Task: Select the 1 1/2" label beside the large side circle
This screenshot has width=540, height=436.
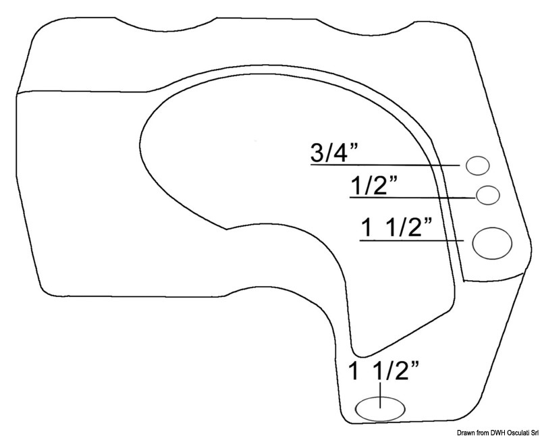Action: coord(396,227)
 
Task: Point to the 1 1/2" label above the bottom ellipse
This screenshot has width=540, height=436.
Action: coord(384,371)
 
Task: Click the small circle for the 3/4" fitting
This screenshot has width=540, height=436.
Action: coord(478,165)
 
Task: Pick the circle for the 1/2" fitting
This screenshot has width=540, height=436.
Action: coord(487,195)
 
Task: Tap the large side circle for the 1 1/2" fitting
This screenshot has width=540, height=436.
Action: coord(492,243)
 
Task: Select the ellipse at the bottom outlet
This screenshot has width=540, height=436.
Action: coord(380,409)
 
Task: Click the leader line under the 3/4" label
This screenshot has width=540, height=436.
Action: coord(385,165)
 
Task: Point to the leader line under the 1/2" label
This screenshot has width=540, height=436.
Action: coord(412,197)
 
